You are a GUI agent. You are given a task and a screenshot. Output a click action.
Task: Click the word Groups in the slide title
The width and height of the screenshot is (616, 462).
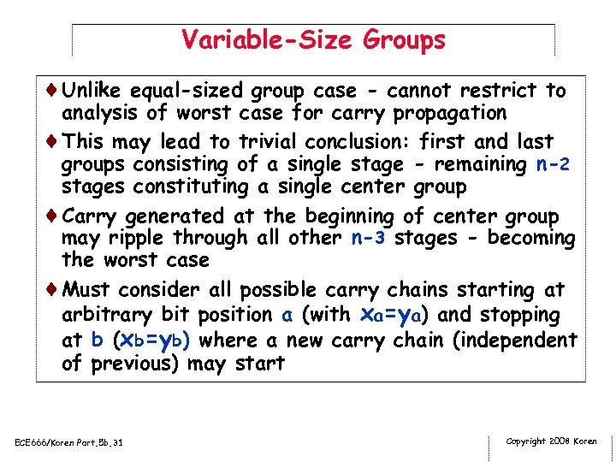(404, 39)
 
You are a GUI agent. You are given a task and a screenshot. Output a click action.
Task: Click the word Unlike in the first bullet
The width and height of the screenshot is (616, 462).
(94, 91)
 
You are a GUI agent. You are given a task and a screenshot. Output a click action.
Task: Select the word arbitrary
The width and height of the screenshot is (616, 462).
(107, 315)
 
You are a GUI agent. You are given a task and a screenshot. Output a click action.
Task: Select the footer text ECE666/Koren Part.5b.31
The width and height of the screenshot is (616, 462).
(69, 442)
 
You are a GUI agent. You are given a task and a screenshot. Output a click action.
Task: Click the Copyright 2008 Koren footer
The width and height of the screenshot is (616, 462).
(552, 441)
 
